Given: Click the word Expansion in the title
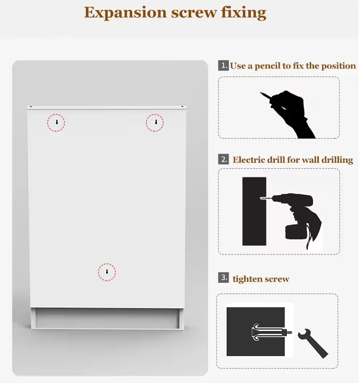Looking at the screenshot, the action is (125, 13).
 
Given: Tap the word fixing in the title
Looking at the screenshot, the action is (244, 12).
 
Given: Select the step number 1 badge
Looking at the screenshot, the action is (223, 66).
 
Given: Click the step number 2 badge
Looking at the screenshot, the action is (223, 159).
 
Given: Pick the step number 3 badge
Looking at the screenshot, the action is (223, 278).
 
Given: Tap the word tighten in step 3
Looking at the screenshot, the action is (246, 279).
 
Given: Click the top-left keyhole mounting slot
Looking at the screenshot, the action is (57, 122).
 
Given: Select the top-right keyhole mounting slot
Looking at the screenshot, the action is (156, 122).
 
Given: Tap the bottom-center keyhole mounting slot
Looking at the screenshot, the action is (107, 271).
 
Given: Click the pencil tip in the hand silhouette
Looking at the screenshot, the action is (260, 93).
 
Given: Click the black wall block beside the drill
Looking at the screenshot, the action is (254, 211).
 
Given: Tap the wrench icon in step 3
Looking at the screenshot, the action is (313, 343).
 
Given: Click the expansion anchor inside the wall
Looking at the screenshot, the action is (271, 332).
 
